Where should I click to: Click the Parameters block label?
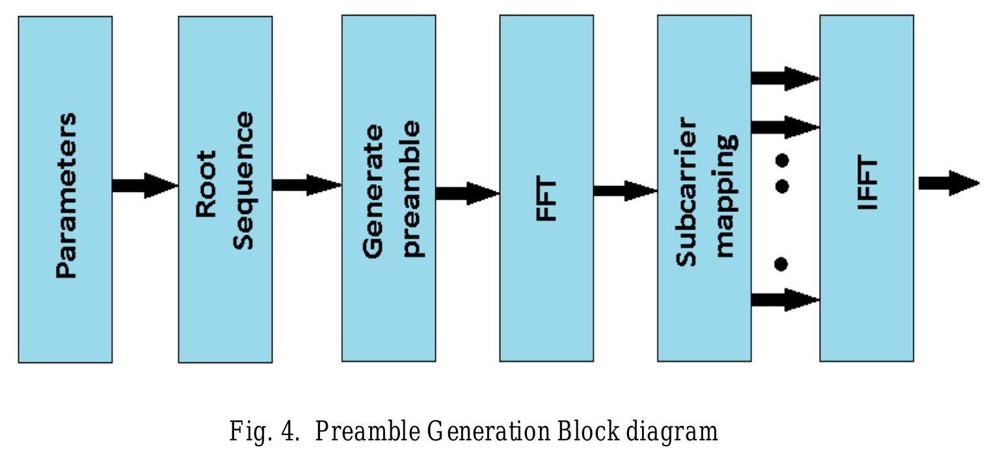pos(66,196)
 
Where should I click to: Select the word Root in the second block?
pos(206,184)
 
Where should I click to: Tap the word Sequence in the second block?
pos(244,180)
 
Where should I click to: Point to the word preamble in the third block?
pos(411,189)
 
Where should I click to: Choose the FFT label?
pos(546,199)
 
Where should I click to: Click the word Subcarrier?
pos(686,192)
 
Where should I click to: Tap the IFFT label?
pos(868,184)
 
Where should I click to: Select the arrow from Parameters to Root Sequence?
pos(144,185)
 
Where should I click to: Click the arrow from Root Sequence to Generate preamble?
pos(306,185)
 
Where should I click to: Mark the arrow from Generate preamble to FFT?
pos(467,193)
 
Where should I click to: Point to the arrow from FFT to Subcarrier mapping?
pos(625,191)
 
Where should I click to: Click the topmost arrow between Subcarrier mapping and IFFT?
pos(785,78)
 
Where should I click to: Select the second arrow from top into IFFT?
pos(785,127)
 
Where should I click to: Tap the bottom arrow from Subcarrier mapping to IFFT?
pos(785,300)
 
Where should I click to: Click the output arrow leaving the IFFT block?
pos(948,183)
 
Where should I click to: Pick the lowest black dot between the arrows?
pos(781,264)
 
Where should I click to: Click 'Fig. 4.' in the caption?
pos(263,431)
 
